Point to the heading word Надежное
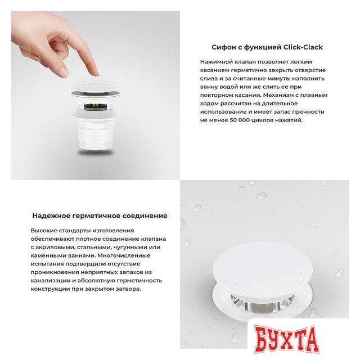[51, 215]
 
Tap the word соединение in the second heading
[147, 215]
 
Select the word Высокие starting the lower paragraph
[46, 231]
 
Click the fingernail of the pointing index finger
[64, 71]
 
